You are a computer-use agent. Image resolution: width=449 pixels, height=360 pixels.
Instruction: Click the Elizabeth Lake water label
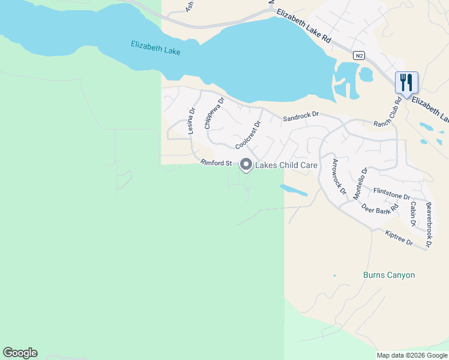pos(155,48)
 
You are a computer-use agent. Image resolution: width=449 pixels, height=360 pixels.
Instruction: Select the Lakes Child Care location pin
pos(246,164)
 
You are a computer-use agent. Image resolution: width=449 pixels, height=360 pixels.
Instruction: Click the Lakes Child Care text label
pos(286,165)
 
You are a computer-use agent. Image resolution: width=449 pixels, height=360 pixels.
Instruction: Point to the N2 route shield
pos(359,56)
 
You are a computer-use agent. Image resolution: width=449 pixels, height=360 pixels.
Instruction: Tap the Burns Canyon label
pos(389,275)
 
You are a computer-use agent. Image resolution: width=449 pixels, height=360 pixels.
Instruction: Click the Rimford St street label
pos(216,163)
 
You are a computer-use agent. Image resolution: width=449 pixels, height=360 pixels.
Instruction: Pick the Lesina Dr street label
pos(191,121)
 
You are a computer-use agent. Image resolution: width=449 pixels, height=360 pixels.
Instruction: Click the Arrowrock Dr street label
pos(339,177)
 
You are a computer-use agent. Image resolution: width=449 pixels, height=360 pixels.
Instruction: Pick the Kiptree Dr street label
pos(399,238)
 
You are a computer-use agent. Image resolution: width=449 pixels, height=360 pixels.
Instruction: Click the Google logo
pos(20,353)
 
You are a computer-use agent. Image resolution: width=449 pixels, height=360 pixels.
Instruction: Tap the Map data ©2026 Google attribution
pos(411,355)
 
